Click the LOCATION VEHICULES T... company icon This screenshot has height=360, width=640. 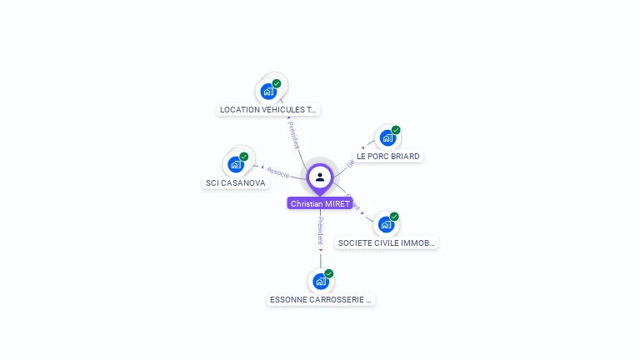(x=268, y=91)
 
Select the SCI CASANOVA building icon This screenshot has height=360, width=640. (x=236, y=164)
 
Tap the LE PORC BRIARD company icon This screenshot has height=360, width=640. (x=386, y=137)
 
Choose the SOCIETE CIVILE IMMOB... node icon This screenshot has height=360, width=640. (x=385, y=224)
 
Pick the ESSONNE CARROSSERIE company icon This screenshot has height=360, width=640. (x=321, y=282)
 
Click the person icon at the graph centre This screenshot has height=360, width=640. (x=320, y=177)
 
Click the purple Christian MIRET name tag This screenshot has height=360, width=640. (x=320, y=203)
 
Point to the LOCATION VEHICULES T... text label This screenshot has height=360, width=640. (x=268, y=109)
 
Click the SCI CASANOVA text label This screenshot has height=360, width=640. (x=236, y=182)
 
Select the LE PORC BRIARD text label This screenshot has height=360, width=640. (x=387, y=156)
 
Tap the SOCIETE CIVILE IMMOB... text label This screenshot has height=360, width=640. (x=386, y=243)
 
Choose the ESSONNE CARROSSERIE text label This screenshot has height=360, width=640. (x=321, y=299)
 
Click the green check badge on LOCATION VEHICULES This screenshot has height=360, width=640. (x=277, y=83)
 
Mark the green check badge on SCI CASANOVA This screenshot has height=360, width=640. (x=244, y=157)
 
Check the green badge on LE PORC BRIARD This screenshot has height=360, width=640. (x=396, y=130)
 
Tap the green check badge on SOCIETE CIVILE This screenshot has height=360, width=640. (x=394, y=217)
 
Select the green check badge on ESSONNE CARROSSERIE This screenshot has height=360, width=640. (x=329, y=273)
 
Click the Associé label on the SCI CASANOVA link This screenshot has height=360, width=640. (x=278, y=172)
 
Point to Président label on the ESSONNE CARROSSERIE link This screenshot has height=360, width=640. (x=321, y=229)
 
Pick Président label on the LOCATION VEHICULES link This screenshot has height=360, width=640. (x=293, y=135)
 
